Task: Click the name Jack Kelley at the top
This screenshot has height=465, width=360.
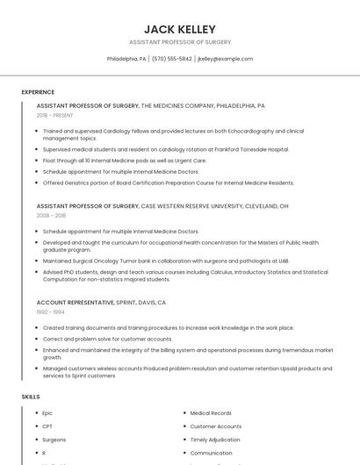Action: [180, 29]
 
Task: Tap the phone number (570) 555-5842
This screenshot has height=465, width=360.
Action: [171, 59]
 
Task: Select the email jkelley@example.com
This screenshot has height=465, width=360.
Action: [225, 59]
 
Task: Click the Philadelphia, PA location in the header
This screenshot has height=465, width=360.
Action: [126, 59]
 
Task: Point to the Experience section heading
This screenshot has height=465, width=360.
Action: [38, 92]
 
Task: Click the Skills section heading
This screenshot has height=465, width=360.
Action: [31, 397]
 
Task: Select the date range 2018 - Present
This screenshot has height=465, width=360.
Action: [54, 115]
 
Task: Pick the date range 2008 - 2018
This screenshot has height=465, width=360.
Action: [51, 215]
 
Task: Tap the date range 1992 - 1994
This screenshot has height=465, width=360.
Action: [50, 311]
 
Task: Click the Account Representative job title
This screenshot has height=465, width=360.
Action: [76, 302]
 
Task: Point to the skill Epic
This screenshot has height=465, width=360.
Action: [47, 412]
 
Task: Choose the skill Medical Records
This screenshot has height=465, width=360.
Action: [211, 412]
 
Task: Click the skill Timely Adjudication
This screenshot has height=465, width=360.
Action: [216, 440]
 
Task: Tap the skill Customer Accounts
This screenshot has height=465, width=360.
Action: [215, 426]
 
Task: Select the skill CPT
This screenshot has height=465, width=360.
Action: [47, 426]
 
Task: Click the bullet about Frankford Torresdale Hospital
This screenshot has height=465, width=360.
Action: [154, 149]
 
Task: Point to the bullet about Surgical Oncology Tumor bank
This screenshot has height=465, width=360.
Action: [166, 261]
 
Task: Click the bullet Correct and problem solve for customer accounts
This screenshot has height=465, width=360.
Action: [107, 339]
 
